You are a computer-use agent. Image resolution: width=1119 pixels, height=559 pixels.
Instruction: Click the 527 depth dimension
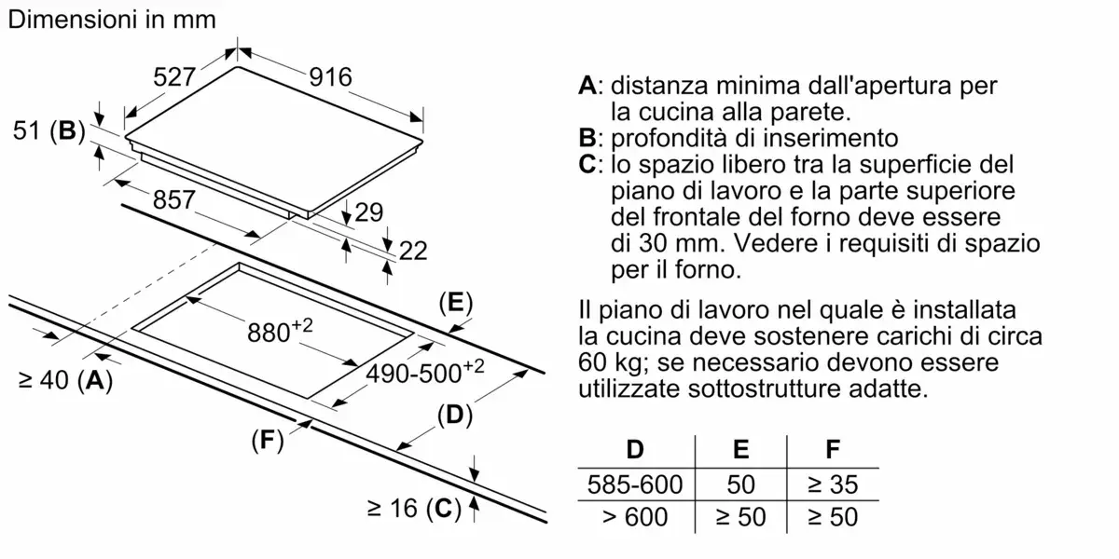click(x=173, y=79)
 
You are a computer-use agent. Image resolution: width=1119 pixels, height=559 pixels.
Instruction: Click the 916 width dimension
click(x=331, y=77)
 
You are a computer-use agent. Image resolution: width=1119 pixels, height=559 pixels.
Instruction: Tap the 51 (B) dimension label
click(x=49, y=131)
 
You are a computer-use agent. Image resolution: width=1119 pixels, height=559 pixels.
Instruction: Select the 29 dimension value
click(x=369, y=213)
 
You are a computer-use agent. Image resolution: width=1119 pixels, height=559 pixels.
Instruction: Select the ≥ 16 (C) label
click(x=414, y=509)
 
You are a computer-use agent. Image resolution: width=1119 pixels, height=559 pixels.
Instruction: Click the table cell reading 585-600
click(x=635, y=484)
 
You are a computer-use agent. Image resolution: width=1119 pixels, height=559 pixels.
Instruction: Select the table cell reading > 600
click(x=635, y=516)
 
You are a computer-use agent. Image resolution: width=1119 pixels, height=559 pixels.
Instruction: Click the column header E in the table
click(x=740, y=451)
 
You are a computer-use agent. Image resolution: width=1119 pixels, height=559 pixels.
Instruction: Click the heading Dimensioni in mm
click(x=111, y=19)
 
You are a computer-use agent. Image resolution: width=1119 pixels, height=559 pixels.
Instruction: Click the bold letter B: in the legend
click(x=589, y=139)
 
